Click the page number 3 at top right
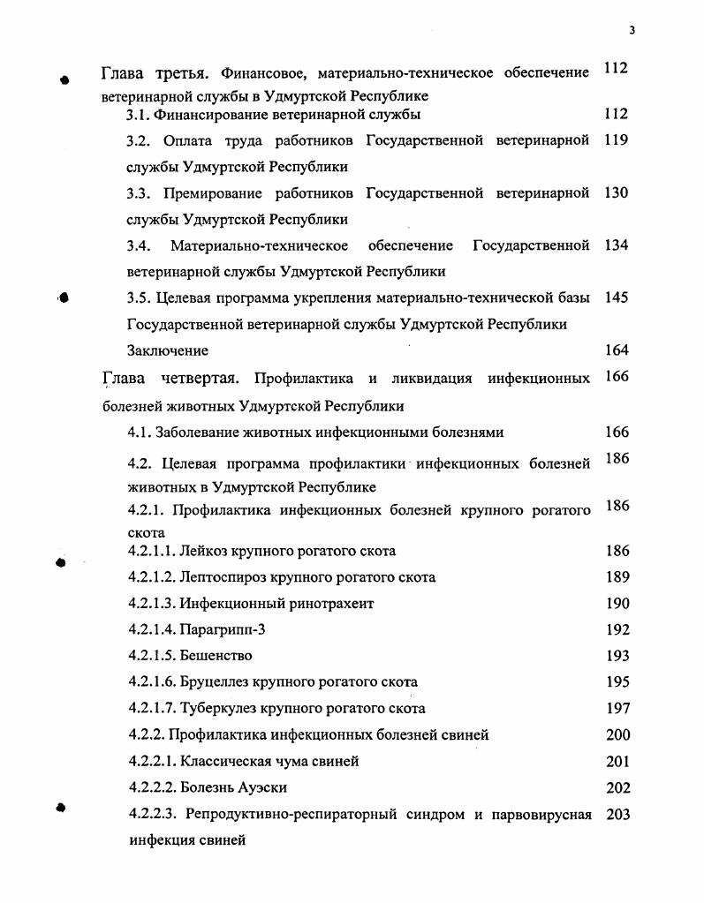pyautogui.click(x=632, y=30)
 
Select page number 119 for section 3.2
pyautogui.click(x=617, y=140)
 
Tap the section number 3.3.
pyautogui.click(x=140, y=193)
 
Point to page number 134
pyautogui.click(x=617, y=245)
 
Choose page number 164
pyautogui.click(x=617, y=350)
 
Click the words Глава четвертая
pyautogui.click(x=170, y=380)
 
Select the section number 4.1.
pyautogui.click(x=140, y=433)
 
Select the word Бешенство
pyautogui.click(x=216, y=656)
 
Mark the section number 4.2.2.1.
pyautogui.click(x=151, y=761)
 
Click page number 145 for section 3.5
pyautogui.click(x=617, y=297)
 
